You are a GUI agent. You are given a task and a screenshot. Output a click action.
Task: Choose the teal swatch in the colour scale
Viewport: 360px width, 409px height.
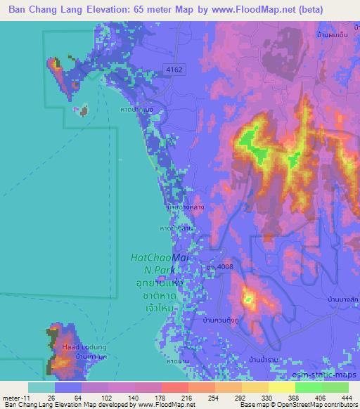click(41, 387)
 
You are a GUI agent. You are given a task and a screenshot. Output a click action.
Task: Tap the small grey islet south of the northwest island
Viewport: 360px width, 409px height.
click(84, 110)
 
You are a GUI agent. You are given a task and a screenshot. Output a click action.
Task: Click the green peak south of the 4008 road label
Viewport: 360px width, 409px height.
click(248, 300)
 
